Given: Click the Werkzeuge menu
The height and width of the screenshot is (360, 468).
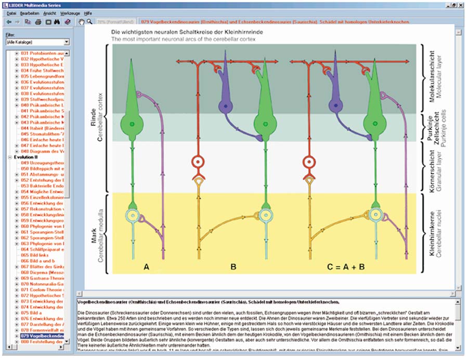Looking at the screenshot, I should click(x=70, y=12).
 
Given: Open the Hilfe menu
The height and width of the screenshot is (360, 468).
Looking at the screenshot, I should click(x=88, y=12).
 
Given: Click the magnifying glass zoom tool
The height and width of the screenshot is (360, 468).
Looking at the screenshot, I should click(x=90, y=22).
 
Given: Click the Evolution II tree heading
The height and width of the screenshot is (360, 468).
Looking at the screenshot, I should click(x=26, y=155).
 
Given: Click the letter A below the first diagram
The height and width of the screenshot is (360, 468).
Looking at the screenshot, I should click(x=147, y=267).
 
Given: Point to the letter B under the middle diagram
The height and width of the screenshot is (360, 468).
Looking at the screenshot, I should click(x=233, y=267).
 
